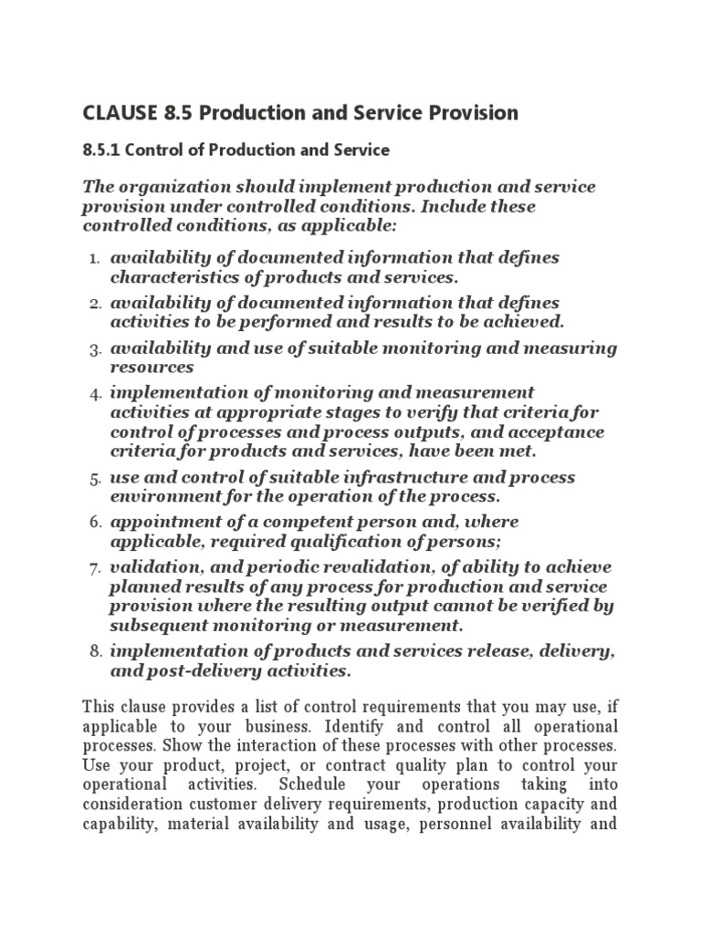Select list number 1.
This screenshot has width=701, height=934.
[x=94, y=259]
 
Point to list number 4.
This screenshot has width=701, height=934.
[x=94, y=394]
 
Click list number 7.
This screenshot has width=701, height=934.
[x=94, y=568]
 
